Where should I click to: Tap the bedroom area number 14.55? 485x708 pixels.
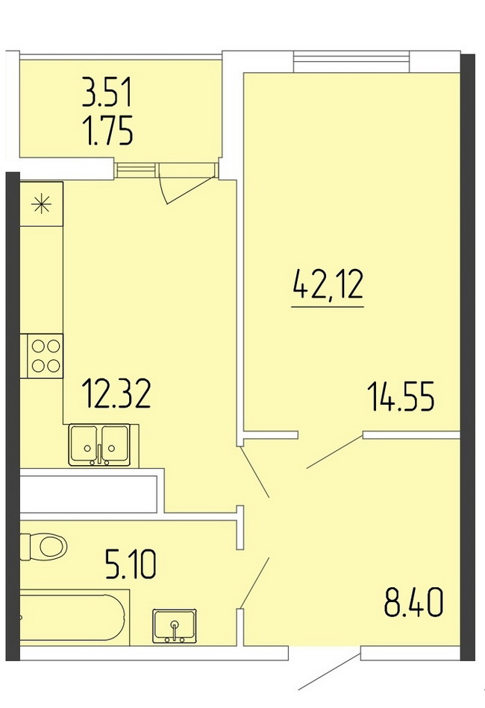pyautogui.click(x=401, y=396)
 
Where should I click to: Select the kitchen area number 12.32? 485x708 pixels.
pyautogui.click(x=116, y=393)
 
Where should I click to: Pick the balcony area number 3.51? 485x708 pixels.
pyautogui.click(x=107, y=92)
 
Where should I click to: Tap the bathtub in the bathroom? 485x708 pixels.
pyautogui.click(x=73, y=617)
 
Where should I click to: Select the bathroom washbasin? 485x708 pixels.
pyautogui.click(x=175, y=626)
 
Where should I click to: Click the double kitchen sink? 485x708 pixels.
pyautogui.click(x=99, y=445)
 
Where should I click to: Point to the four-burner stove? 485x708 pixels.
pyautogui.click(x=46, y=355)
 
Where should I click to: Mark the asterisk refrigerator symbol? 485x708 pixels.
pyautogui.click(x=41, y=204)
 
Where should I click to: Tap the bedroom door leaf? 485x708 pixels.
pyautogui.click(x=335, y=452)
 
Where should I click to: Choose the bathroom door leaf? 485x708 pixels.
pyautogui.click(x=255, y=584)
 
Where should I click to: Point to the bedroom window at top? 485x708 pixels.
pyautogui.click(x=351, y=62)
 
